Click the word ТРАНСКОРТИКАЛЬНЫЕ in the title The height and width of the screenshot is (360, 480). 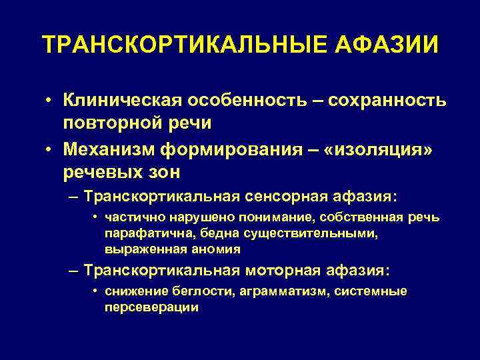(x=180, y=45)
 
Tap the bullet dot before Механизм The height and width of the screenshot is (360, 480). (x=49, y=149)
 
